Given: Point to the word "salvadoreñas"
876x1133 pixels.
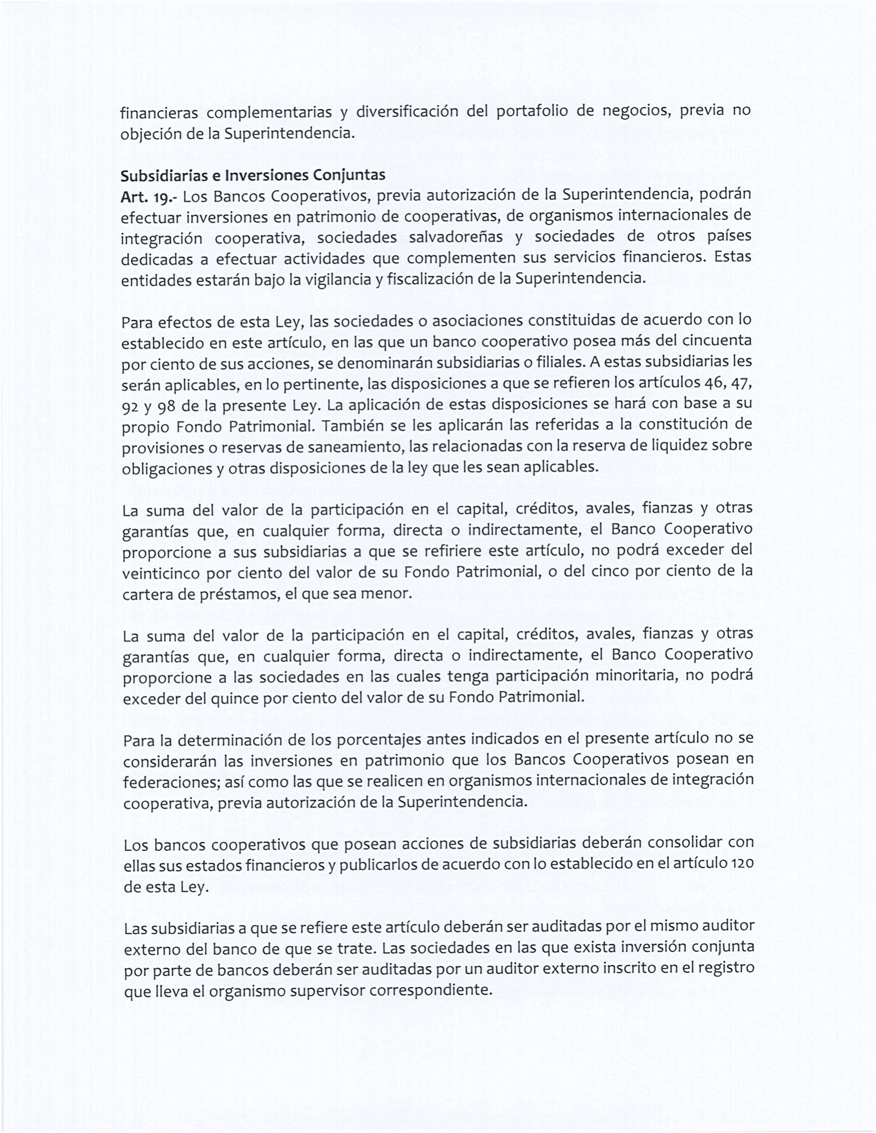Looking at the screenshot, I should pos(456,237).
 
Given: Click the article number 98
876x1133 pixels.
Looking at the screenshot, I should pos(165,406).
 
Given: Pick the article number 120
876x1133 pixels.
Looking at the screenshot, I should pos(742,865).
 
